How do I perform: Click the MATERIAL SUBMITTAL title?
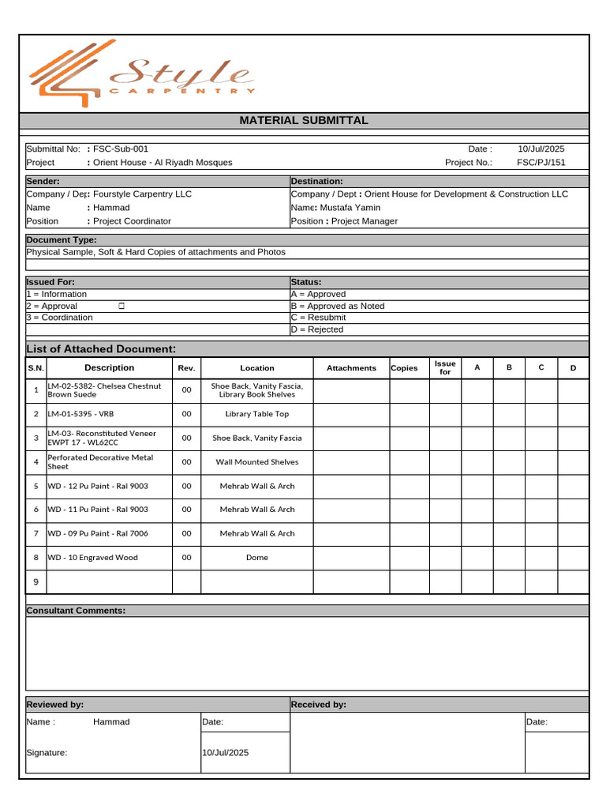(x=304, y=121)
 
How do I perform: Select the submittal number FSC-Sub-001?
(x=120, y=149)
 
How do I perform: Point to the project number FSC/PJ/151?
(x=541, y=163)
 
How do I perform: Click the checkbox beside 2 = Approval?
(x=122, y=306)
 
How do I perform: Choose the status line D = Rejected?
(x=317, y=329)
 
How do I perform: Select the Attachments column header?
(x=351, y=368)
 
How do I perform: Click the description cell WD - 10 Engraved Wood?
(x=93, y=558)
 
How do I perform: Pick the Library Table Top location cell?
(x=257, y=414)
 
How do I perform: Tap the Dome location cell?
(x=257, y=558)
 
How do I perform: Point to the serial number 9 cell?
(x=36, y=582)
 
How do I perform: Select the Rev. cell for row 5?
(x=187, y=486)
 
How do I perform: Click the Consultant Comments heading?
(x=76, y=611)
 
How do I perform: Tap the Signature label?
(x=47, y=753)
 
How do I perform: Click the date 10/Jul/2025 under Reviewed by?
(x=226, y=753)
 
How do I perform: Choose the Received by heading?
(x=319, y=705)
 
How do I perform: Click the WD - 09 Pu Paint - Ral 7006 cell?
(x=98, y=533)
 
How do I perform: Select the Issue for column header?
(x=445, y=368)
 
